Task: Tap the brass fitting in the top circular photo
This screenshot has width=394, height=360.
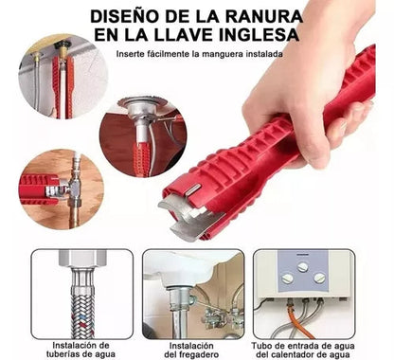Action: (63, 49)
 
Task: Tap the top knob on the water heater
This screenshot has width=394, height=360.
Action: (303, 267)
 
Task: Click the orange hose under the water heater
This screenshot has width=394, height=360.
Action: (298, 320)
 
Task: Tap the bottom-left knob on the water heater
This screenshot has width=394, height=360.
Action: (288, 279)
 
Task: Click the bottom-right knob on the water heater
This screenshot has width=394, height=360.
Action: (319, 278)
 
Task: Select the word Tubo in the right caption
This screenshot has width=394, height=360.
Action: (260, 346)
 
